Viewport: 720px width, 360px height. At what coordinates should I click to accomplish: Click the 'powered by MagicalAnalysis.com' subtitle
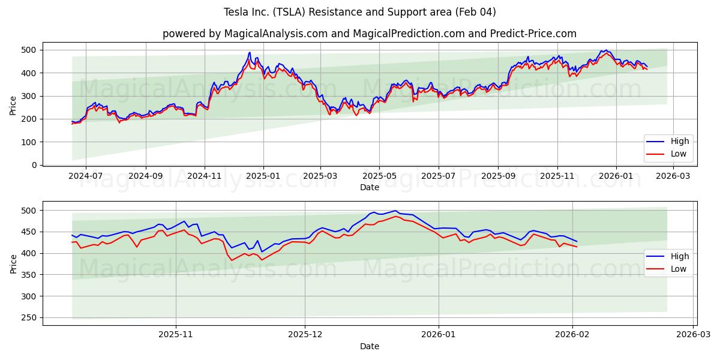click(369, 34)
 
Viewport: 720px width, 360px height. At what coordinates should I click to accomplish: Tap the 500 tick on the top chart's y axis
click(29, 50)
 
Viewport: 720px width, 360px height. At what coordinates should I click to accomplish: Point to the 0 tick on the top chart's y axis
click(35, 165)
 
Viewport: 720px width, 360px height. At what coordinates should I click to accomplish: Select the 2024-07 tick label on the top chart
click(86, 176)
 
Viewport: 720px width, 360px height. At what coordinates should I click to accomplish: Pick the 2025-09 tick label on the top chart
click(497, 176)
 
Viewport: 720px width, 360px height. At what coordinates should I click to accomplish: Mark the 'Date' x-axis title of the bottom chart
click(369, 346)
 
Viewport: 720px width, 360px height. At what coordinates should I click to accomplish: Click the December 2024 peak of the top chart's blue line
click(250, 52)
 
